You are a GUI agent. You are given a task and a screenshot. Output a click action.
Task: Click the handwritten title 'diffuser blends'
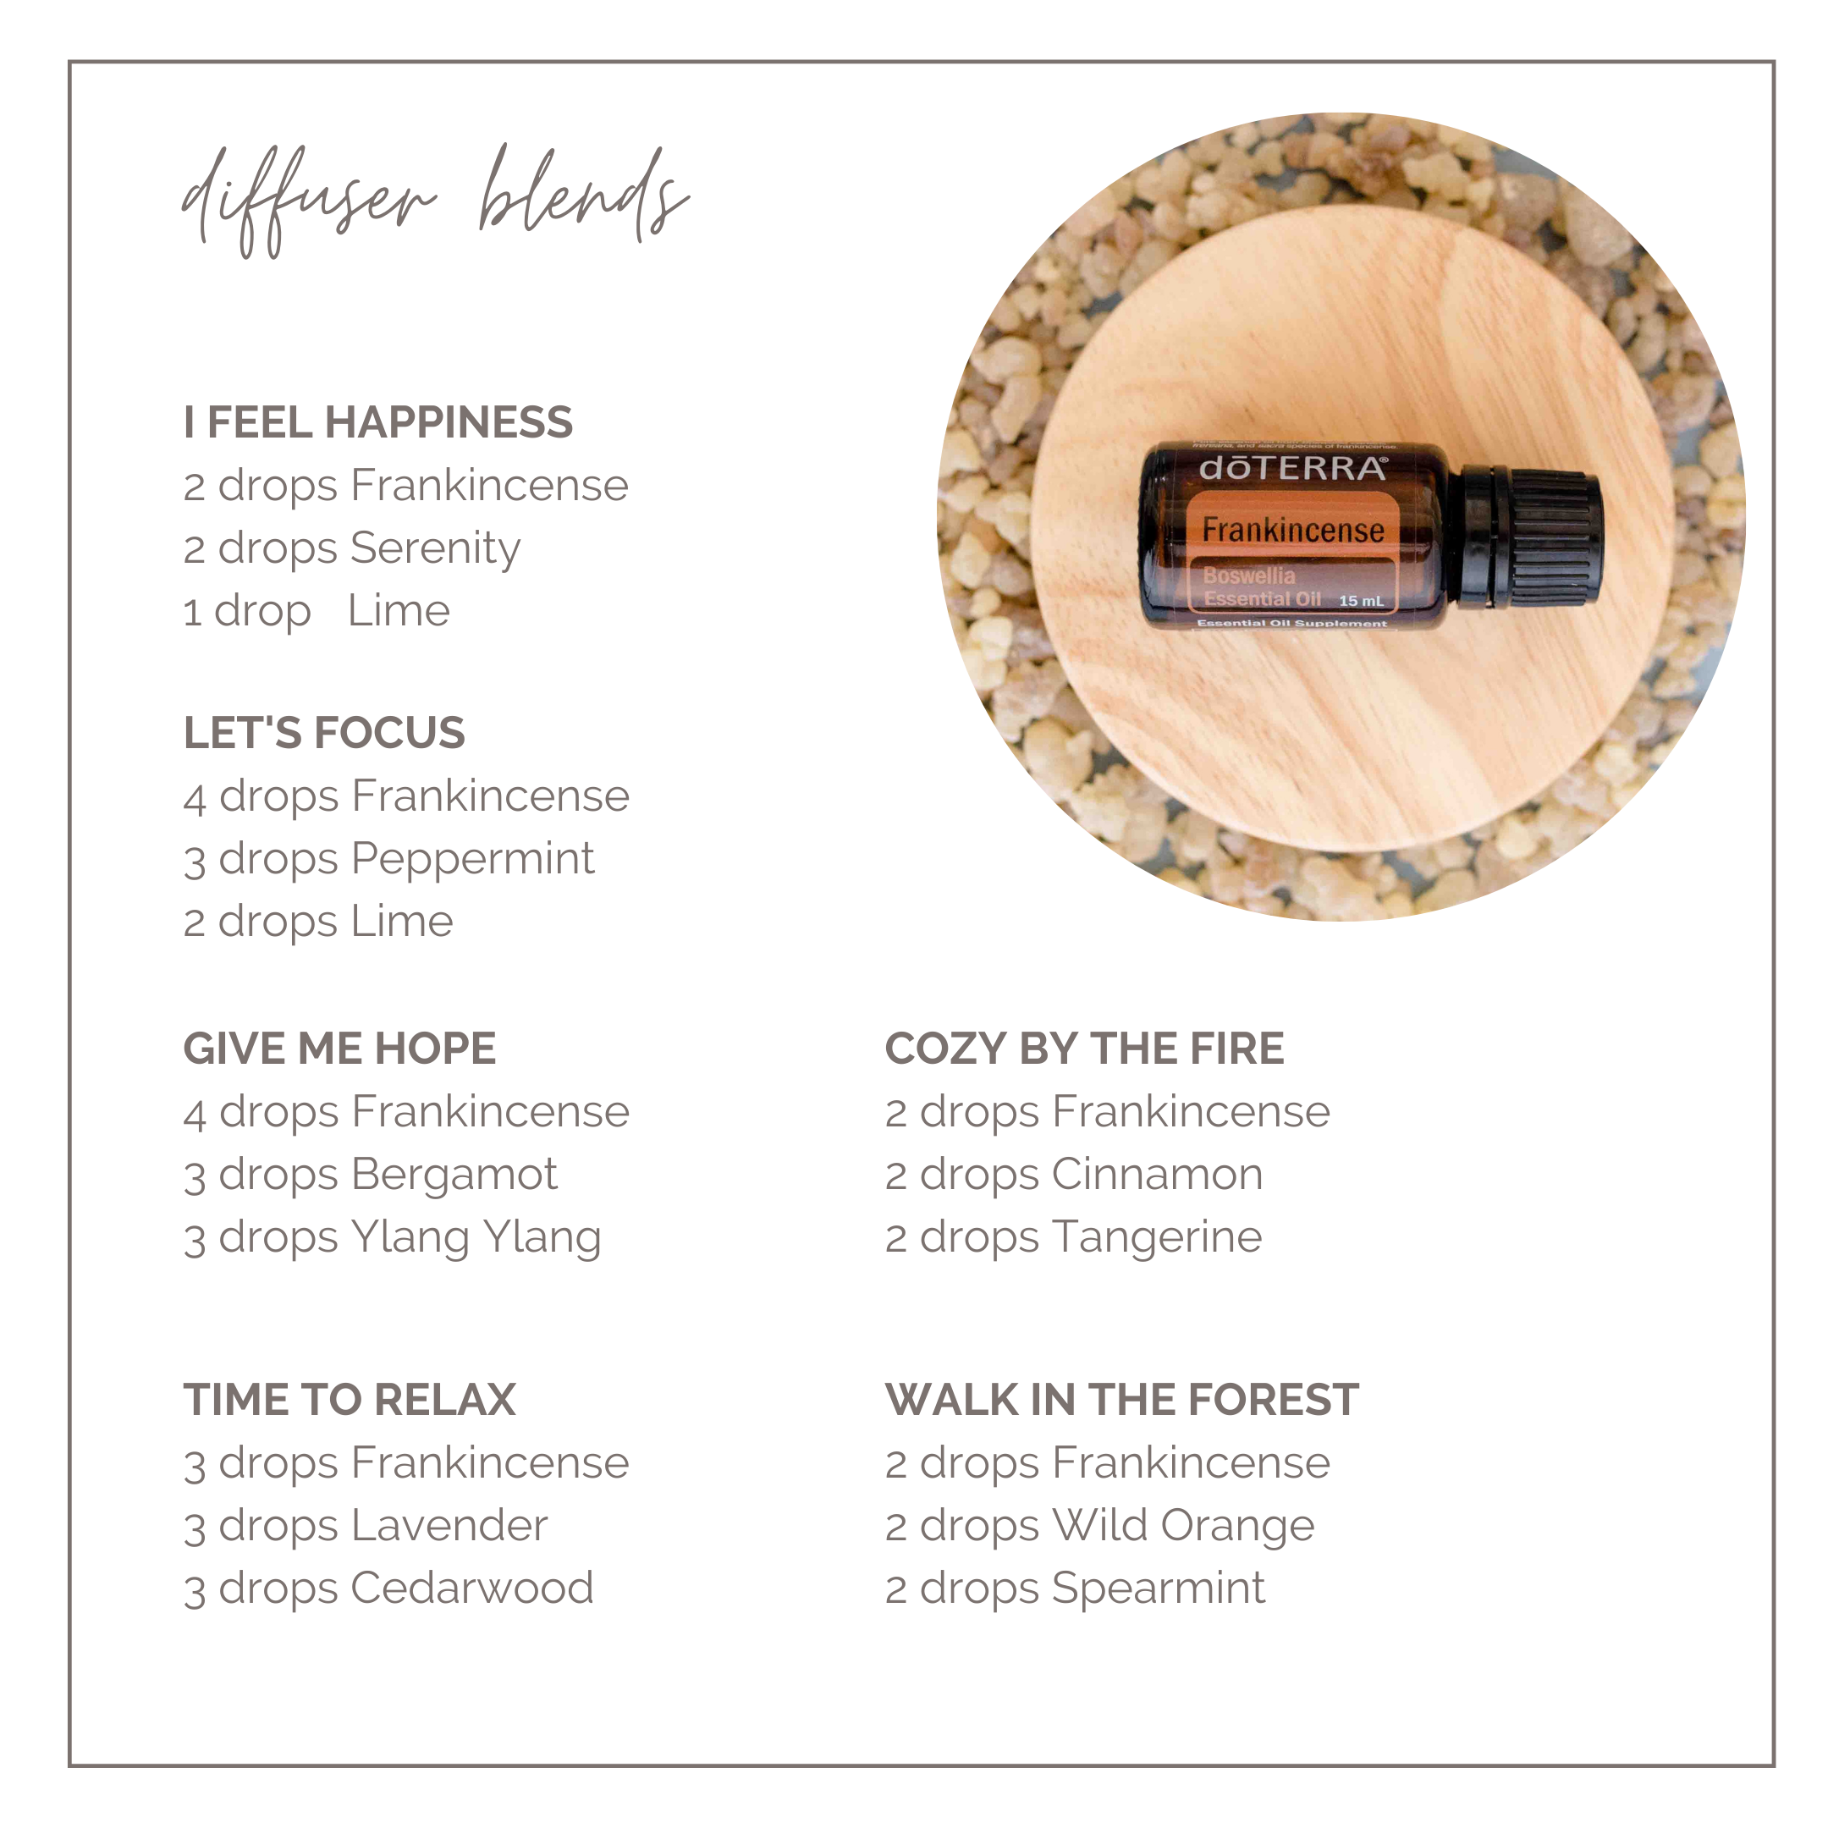click(x=435, y=201)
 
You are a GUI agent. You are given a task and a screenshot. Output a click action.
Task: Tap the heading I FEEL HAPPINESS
click(x=377, y=422)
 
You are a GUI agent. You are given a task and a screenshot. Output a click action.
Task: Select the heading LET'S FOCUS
click(x=323, y=732)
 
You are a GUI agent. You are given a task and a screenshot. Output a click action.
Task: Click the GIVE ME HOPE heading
click(x=339, y=1049)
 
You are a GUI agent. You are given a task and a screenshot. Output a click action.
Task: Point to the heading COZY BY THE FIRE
click(x=1084, y=1049)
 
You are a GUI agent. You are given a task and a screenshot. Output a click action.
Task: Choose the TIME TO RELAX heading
click(x=350, y=1400)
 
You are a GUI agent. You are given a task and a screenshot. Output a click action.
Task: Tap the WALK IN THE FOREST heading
click(x=1122, y=1400)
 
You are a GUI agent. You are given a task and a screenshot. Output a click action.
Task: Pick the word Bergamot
click(x=454, y=1176)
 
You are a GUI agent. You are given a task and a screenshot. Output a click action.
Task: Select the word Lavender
click(x=449, y=1525)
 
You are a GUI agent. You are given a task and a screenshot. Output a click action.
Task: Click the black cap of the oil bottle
click(x=1525, y=537)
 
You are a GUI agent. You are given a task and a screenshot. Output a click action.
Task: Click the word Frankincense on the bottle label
click(x=1292, y=530)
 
